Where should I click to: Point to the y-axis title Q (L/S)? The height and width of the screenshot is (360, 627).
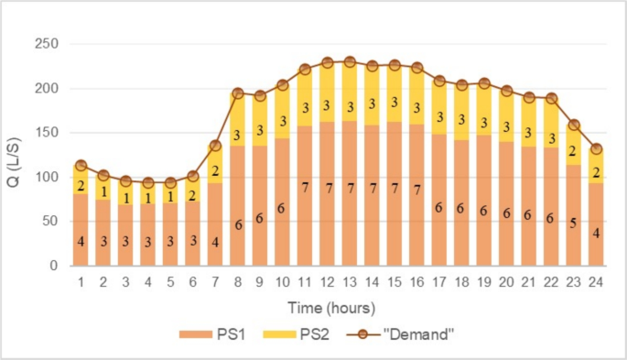pyautogui.click(x=17, y=155)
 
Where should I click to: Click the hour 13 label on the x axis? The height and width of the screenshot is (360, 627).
pyautogui.click(x=349, y=282)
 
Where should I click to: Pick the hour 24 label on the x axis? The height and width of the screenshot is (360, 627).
pyautogui.click(x=597, y=282)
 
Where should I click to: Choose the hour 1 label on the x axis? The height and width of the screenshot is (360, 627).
pyautogui.click(x=81, y=282)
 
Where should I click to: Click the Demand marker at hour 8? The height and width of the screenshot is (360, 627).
pyautogui.click(x=237, y=93)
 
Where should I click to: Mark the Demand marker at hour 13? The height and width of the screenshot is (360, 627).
pyautogui.click(x=349, y=62)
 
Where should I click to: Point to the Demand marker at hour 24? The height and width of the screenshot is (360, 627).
pyautogui.click(x=597, y=149)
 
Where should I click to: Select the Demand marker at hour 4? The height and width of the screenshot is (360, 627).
pyautogui.click(x=148, y=183)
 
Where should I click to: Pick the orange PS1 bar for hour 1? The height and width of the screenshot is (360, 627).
pyautogui.click(x=81, y=229)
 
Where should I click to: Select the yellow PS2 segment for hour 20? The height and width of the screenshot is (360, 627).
pyautogui.click(x=507, y=116)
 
